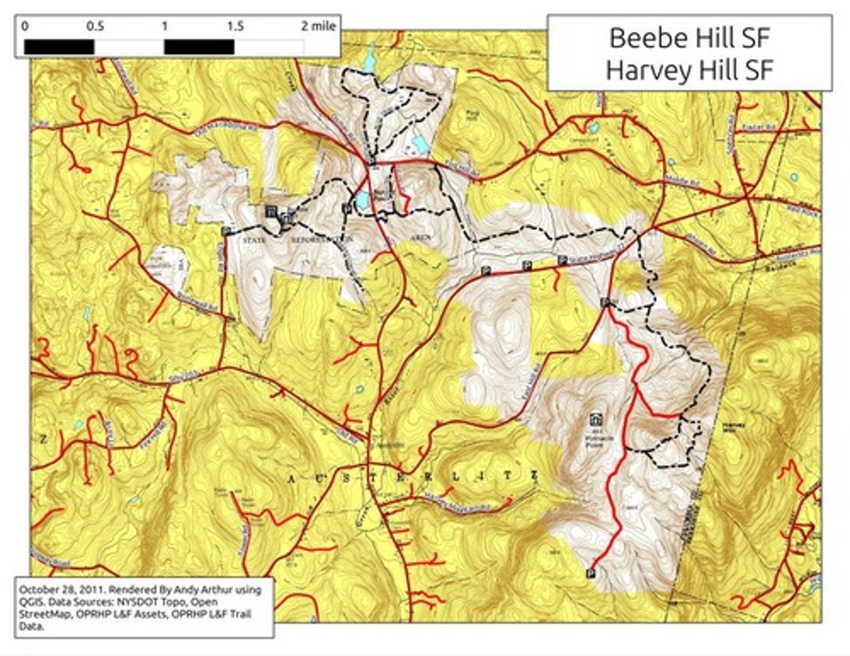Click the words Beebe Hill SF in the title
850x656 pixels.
coord(689,38)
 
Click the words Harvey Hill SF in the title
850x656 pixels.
coord(689,70)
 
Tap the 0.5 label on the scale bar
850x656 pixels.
coord(95,27)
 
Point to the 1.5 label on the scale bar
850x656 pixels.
coord(234,27)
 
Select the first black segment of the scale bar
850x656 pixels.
coord(59,47)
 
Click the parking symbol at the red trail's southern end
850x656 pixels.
coord(590,573)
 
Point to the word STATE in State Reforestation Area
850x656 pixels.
coord(254,240)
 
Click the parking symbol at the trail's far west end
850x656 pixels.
coord(225,230)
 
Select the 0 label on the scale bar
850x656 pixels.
coord(25,27)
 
